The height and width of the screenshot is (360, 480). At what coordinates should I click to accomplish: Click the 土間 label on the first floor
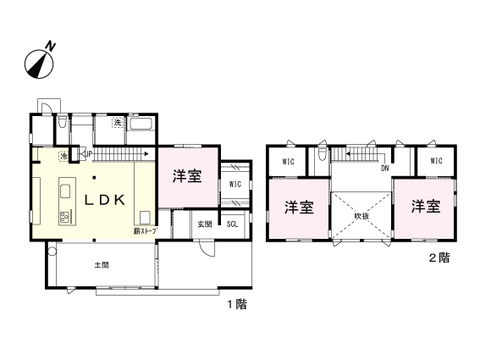pos(101,265)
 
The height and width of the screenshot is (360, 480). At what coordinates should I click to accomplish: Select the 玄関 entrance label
pos(205,224)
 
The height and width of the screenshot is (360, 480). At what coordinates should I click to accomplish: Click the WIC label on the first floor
pos(235,184)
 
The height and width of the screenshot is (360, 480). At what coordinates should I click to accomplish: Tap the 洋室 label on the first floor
pos(187,177)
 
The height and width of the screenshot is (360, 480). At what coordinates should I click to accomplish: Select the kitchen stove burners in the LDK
pos(64,216)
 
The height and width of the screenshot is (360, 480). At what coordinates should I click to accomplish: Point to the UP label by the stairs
pos(88,153)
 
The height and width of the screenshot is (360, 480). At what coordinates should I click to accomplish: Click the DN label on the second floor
pos(384,168)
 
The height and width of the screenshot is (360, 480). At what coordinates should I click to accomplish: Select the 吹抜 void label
pos(361,218)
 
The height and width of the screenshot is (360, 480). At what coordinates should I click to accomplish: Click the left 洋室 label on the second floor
pos(297,207)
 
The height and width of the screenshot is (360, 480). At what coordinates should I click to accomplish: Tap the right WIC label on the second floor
pos(436,161)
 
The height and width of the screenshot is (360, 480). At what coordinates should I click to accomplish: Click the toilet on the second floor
pos(322,157)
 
